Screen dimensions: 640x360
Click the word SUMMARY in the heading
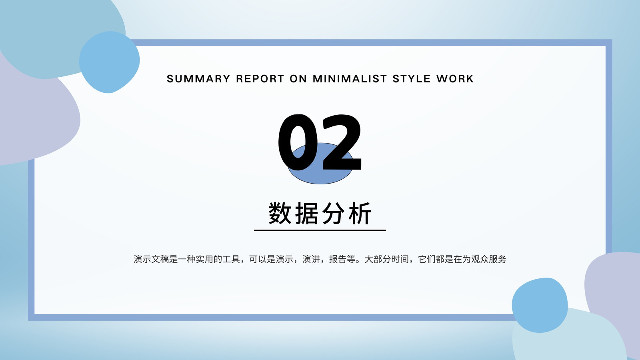coord(198,78)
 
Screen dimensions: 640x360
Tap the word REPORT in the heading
coord(260,78)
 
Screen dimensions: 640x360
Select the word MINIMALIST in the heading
coord(350,78)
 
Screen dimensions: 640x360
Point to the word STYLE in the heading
coord(412,78)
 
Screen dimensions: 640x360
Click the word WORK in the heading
coord(455,78)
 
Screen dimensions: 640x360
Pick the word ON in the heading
coord(298,78)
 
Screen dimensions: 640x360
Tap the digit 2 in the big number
coord(342,142)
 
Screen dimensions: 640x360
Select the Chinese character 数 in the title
coord(280,213)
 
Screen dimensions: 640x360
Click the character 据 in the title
coord(306,213)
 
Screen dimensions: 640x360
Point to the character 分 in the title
coord(333,213)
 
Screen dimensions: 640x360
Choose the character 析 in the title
coord(360,213)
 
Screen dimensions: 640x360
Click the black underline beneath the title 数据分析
coord(320,230)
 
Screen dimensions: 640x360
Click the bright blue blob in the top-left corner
coord(109,62)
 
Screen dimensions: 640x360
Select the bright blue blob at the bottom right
coord(540,305)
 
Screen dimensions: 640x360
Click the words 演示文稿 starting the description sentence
coord(151,259)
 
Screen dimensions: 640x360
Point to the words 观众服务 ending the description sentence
coord(488,259)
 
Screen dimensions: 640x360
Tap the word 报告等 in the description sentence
coord(342,259)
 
